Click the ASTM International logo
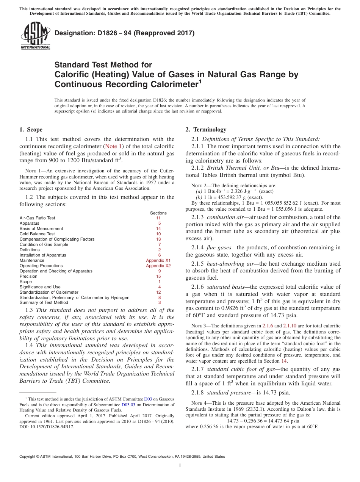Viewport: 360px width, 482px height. [x=35, y=36]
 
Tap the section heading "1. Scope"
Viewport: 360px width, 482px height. [x=31, y=130]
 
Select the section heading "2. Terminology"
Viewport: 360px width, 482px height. [x=206, y=130]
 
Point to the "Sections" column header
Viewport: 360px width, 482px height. [x=158, y=213]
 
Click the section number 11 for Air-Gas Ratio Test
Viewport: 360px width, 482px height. [x=158, y=218]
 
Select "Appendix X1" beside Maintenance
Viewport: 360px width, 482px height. [x=158, y=261]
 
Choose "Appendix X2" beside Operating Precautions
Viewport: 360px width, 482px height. [x=158, y=266]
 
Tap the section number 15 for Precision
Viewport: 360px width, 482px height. [x=158, y=277]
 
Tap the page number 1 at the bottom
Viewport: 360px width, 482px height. [x=180, y=466]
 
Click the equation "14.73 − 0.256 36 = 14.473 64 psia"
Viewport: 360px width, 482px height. [x=263, y=421]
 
